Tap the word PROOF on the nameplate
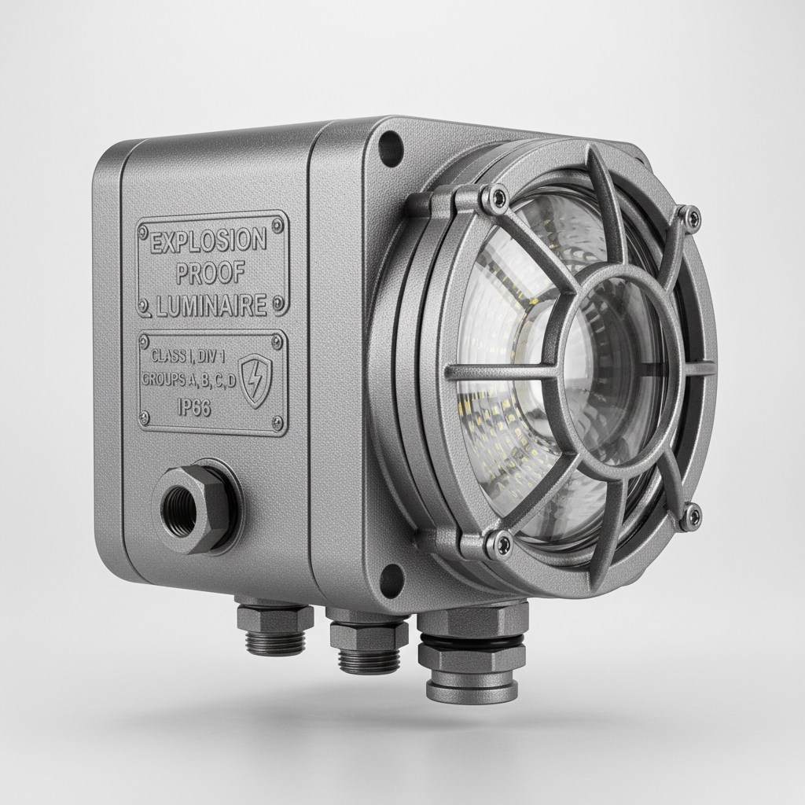point(210,274)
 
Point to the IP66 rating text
point(194,408)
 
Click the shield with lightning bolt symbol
point(256,380)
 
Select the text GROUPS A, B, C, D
point(189,380)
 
